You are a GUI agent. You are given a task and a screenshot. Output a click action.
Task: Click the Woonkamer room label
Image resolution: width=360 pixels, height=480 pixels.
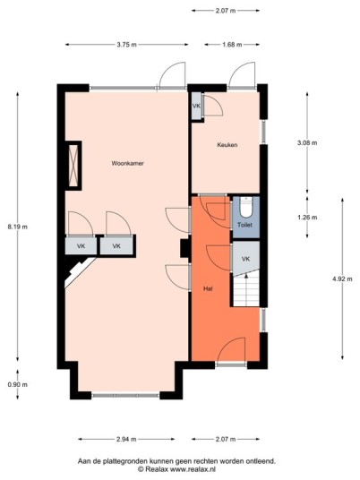coord(128,164)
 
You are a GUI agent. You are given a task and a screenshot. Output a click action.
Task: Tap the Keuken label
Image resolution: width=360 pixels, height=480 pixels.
coord(227,145)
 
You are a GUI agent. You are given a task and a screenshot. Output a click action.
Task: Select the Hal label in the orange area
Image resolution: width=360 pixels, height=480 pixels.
coord(208,288)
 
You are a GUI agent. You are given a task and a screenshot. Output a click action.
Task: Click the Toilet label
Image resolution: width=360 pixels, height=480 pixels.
coord(244,225)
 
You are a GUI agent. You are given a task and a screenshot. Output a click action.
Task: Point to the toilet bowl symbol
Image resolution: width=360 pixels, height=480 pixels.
coord(245,207)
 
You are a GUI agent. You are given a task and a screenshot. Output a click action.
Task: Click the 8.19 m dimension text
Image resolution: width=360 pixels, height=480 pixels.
coord(17,227)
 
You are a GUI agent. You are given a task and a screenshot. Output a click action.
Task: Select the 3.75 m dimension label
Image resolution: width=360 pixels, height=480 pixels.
coord(127,45)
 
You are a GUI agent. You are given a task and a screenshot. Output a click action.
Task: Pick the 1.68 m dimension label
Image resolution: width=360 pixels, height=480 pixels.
coord(232,45)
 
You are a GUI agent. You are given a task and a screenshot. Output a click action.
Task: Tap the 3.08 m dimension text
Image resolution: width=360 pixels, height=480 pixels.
coord(307,142)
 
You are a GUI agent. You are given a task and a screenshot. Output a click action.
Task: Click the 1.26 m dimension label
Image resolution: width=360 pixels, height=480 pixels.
coord(307,218)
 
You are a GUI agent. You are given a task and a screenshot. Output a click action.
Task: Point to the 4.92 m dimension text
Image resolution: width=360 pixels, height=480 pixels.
coord(342,279)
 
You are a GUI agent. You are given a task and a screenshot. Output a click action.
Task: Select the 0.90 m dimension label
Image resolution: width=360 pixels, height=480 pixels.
coord(17,385)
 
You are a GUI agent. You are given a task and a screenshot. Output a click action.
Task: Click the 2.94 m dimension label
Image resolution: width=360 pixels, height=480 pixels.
coord(126,440)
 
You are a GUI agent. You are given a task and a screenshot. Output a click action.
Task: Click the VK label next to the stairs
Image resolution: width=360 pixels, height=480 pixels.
coord(245,260)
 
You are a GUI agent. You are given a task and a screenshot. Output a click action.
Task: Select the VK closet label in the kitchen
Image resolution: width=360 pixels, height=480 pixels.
coord(196,106)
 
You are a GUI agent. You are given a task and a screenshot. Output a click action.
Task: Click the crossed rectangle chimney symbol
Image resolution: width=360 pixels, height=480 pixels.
coord(73,166)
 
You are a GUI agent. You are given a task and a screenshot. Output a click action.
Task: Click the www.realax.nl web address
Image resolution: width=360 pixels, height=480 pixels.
coord(193,469)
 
